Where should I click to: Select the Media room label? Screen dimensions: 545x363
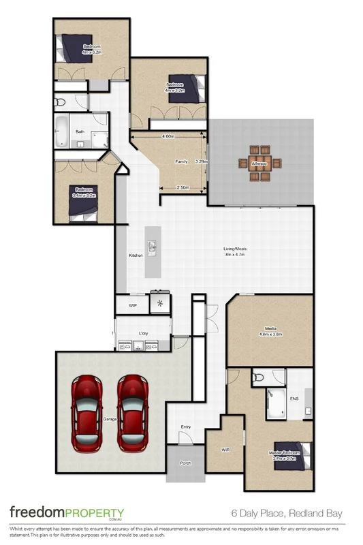pos(270,332)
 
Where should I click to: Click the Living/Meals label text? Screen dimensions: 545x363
pos(235,251)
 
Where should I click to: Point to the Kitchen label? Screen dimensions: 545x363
pos(136,255)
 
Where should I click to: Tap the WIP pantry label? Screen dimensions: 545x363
pos(133,306)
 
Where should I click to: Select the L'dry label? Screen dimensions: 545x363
pos(143,333)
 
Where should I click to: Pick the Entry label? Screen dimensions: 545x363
pos(185,427)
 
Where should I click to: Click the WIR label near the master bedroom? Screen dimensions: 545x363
pos(226,450)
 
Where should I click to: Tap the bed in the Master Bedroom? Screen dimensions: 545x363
pos(300,454)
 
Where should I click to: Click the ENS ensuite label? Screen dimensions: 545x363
pos(294,399)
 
